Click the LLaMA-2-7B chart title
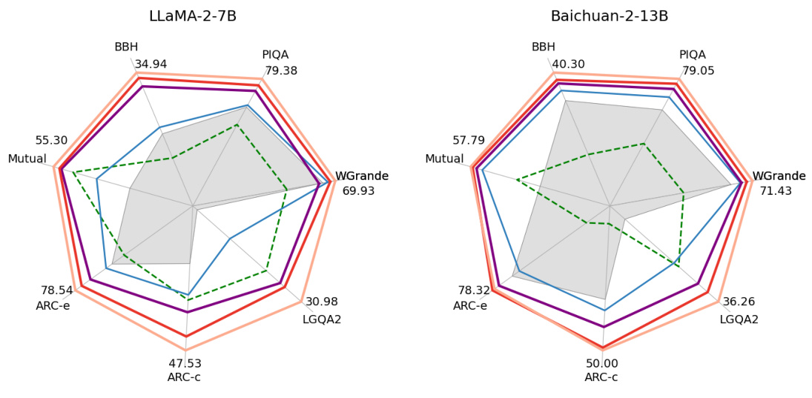(x=192, y=16)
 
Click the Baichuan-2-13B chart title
(x=610, y=16)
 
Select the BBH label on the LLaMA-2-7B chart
(x=126, y=47)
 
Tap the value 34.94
(x=151, y=64)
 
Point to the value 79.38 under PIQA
(x=281, y=71)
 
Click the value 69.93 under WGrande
(x=358, y=191)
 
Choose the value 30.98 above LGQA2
(x=322, y=302)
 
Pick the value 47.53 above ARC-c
(x=185, y=363)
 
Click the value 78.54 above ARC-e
(x=56, y=290)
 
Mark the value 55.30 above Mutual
(x=51, y=141)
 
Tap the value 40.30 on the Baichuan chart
(x=569, y=64)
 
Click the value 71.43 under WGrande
(x=776, y=191)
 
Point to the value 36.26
(x=739, y=302)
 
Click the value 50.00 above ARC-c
(x=601, y=363)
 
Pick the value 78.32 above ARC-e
(x=474, y=290)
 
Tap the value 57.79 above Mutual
(x=469, y=141)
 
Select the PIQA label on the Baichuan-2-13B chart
(x=693, y=55)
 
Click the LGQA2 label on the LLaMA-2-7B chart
(x=322, y=319)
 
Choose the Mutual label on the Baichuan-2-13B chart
(x=444, y=159)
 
